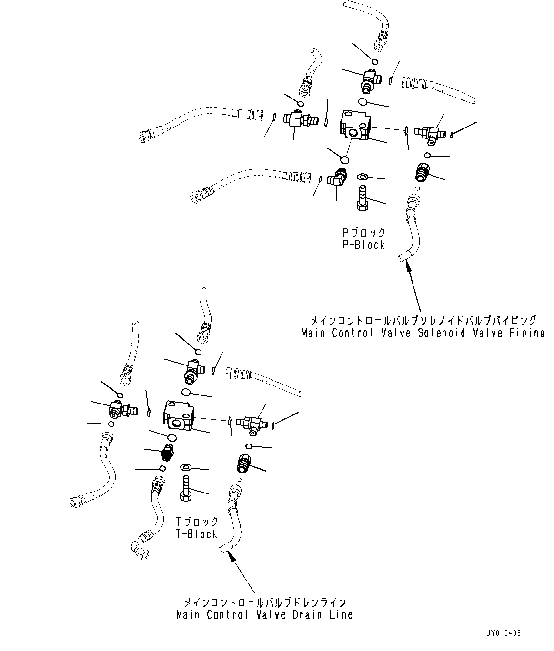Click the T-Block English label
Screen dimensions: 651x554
[197, 534]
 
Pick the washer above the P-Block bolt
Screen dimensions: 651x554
[363, 177]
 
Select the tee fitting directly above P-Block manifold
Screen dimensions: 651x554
[369, 79]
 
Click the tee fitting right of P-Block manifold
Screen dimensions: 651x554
[429, 134]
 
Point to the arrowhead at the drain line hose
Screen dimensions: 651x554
[231, 556]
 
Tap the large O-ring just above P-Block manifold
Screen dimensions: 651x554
[363, 102]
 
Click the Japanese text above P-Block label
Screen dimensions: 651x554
[363, 233]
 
